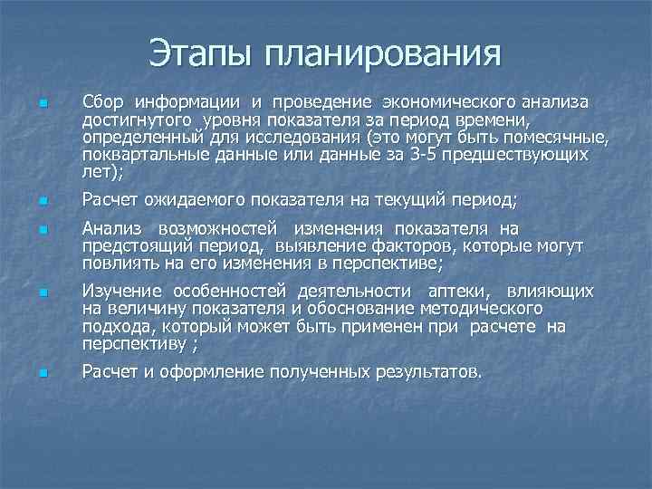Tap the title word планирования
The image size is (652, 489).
(383, 53)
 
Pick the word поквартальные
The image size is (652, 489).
(139, 156)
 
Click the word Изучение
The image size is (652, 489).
(120, 291)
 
